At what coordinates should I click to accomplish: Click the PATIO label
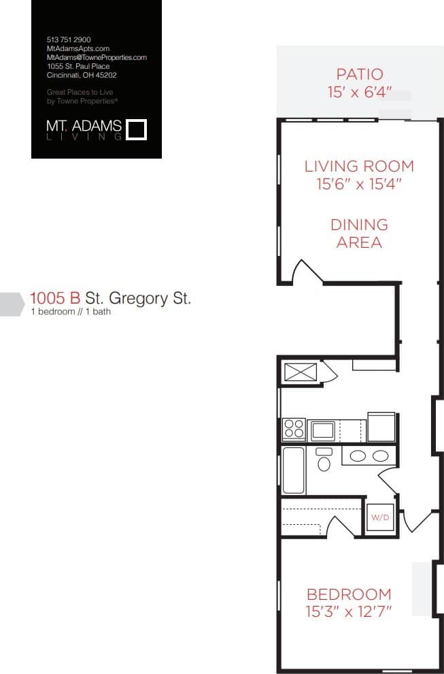[x=360, y=74]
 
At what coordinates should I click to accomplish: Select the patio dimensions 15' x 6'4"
[x=360, y=92]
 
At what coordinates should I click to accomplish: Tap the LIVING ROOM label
[x=358, y=166]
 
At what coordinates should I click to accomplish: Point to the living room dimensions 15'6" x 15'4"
[x=358, y=184]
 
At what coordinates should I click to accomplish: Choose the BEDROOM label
[x=349, y=594]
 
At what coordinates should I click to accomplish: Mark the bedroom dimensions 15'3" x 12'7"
[x=349, y=611]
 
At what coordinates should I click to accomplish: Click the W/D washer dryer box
[x=379, y=518]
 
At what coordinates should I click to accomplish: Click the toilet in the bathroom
[x=324, y=461]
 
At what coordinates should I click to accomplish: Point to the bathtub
[x=294, y=470]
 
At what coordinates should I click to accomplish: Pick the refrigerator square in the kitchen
[x=381, y=426]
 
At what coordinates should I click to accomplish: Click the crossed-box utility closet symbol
[x=301, y=372]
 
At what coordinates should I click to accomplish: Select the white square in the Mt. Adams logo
[x=137, y=129]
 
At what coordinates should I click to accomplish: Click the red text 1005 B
[x=55, y=298]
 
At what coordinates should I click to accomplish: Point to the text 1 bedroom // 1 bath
[x=71, y=312]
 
